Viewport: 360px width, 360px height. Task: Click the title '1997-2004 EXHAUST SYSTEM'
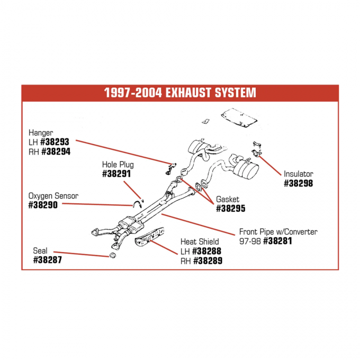point(180,93)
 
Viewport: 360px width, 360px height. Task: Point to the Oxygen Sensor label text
point(53,196)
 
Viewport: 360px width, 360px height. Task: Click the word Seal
point(40,251)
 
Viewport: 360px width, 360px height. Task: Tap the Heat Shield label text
point(200,242)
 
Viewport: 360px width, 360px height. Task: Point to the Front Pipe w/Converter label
point(278,232)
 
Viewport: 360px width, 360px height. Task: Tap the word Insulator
point(298,174)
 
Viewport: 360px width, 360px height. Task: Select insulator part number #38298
point(299,183)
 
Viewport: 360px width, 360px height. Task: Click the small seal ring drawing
point(113,257)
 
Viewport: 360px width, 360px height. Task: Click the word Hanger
point(41,133)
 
